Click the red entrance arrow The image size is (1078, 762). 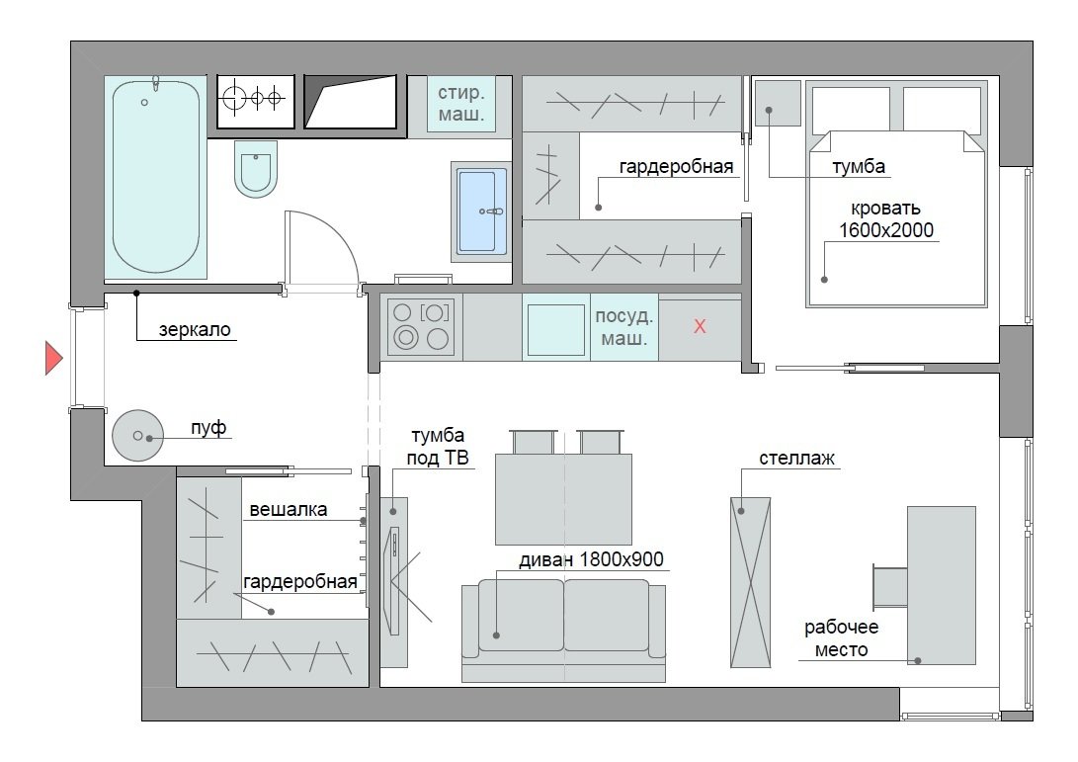tap(53, 358)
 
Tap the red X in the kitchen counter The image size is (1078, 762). tap(700, 326)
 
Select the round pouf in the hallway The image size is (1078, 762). tap(137, 435)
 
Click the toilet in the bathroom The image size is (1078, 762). tap(256, 168)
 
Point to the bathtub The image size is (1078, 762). tap(156, 177)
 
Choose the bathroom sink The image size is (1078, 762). tap(481, 212)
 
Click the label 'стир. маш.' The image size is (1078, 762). tap(461, 103)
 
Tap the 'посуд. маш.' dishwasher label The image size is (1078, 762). tap(624, 327)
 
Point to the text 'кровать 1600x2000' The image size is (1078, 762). tap(885, 219)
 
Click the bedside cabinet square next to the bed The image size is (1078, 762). tap(779, 103)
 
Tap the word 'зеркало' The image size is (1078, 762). tap(195, 329)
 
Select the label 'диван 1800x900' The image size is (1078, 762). tap(591, 559)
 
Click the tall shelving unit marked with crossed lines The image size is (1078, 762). tap(750, 582)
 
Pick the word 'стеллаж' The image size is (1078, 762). tap(796, 458)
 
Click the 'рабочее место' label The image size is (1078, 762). tap(842, 637)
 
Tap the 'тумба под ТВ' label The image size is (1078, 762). tap(438, 447)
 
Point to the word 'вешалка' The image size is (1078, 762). tap(289, 510)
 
